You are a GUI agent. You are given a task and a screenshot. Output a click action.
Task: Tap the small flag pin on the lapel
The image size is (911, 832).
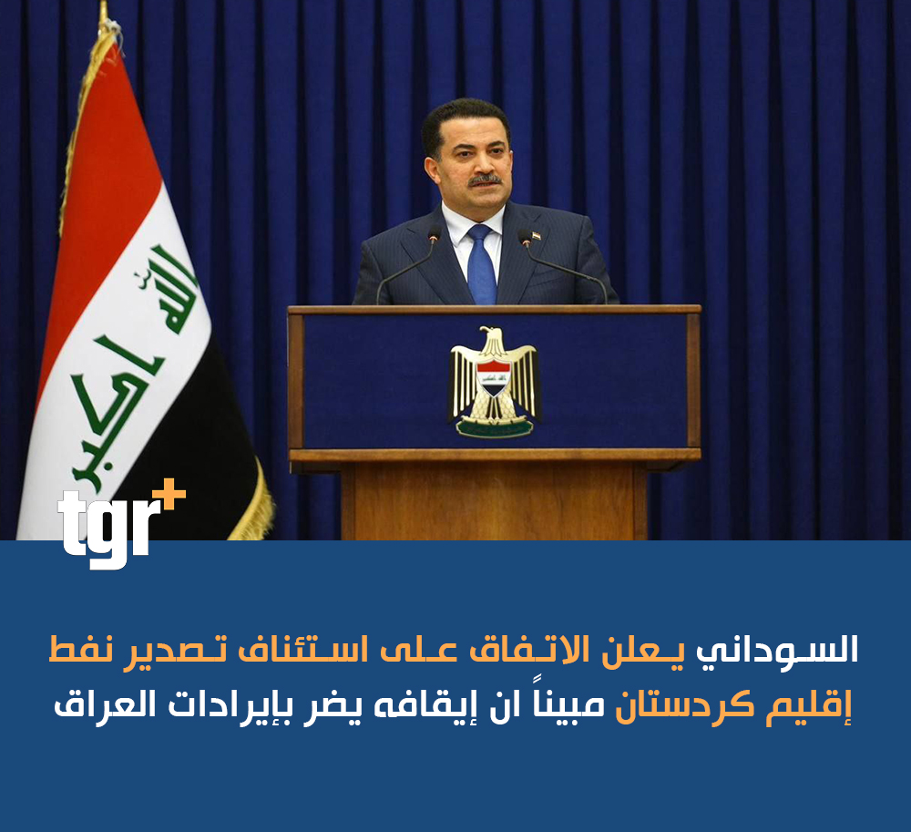537,235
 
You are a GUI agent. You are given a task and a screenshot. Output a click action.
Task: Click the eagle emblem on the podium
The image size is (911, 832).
494,382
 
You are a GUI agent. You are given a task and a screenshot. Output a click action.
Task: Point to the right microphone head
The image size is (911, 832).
526,236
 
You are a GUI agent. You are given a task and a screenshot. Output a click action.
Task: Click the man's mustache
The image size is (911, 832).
485,180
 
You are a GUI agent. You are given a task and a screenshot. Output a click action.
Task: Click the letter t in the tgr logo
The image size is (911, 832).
70,521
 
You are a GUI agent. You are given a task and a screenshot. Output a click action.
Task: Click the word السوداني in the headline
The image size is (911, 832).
777,650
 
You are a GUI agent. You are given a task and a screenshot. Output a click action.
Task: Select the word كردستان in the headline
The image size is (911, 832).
685,704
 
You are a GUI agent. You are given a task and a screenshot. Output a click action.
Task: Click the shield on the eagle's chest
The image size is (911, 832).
493,377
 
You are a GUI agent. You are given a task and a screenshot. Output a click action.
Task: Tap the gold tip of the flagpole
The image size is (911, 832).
104,13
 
